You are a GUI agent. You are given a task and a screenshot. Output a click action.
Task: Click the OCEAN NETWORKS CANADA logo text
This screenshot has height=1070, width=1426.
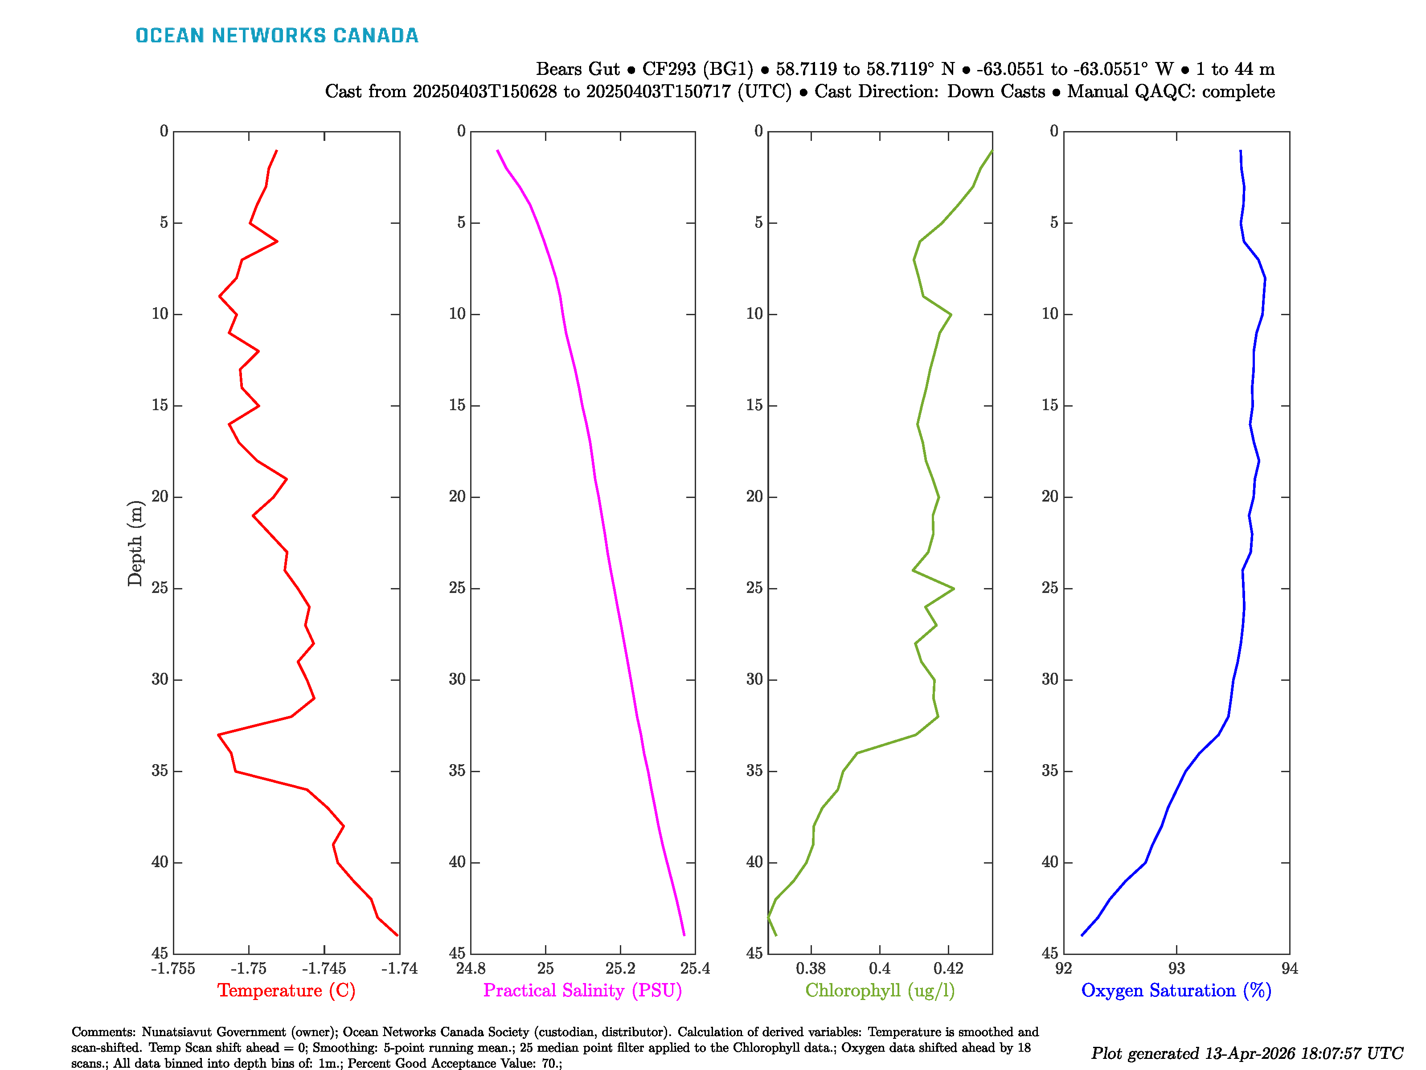(x=277, y=36)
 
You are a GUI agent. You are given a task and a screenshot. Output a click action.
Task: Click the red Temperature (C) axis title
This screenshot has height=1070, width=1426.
(x=286, y=991)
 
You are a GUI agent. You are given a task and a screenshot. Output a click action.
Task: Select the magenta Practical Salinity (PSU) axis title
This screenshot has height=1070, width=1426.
(x=582, y=991)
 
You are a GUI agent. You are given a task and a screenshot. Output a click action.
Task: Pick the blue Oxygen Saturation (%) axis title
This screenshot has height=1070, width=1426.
(x=1176, y=991)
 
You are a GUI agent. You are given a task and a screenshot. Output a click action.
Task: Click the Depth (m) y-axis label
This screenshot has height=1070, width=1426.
(x=134, y=543)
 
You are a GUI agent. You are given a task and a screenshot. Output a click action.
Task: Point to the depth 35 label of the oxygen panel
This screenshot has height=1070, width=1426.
(x=1050, y=771)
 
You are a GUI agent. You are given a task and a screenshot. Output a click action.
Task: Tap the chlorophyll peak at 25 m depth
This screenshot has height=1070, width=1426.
(x=954, y=588)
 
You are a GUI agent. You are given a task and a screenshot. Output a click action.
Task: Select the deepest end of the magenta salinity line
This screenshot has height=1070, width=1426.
(x=684, y=934)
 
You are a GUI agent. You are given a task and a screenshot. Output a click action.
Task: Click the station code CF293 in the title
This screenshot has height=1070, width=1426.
(x=668, y=69)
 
